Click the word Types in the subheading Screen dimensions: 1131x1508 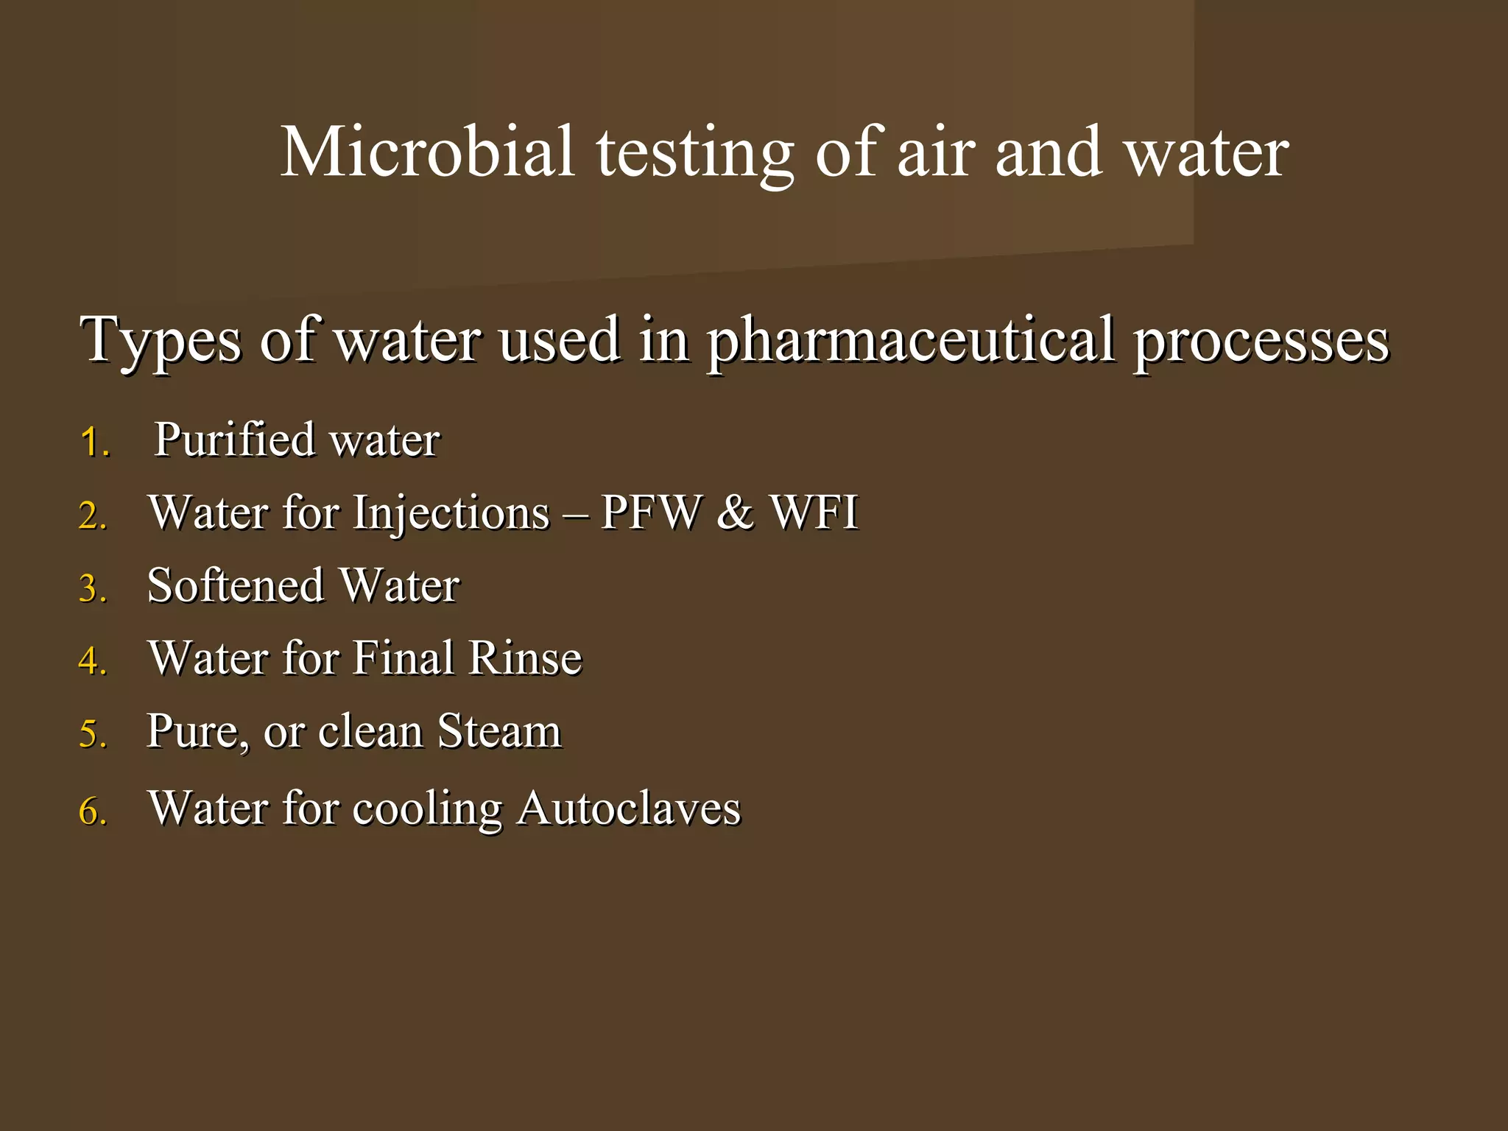click(x=161, y=340)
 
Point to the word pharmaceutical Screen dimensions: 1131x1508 click(x=911, y=340)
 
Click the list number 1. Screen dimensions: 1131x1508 click(x=94, y=443)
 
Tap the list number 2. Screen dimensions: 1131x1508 click(x=93, y=515)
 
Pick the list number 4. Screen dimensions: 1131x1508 click(x=93, y=660)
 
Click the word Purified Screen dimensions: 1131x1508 click(x=234, y=440)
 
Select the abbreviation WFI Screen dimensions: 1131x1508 click(x=814, y=512)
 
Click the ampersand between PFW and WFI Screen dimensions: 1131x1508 click(x=735, y=512)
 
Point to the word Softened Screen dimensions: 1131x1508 click(x=236, y=585)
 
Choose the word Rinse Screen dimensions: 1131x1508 click(x=525, y=658)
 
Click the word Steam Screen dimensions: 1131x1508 click(x=499, y=731)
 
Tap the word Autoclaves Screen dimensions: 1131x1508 click(x=628, y=808)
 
